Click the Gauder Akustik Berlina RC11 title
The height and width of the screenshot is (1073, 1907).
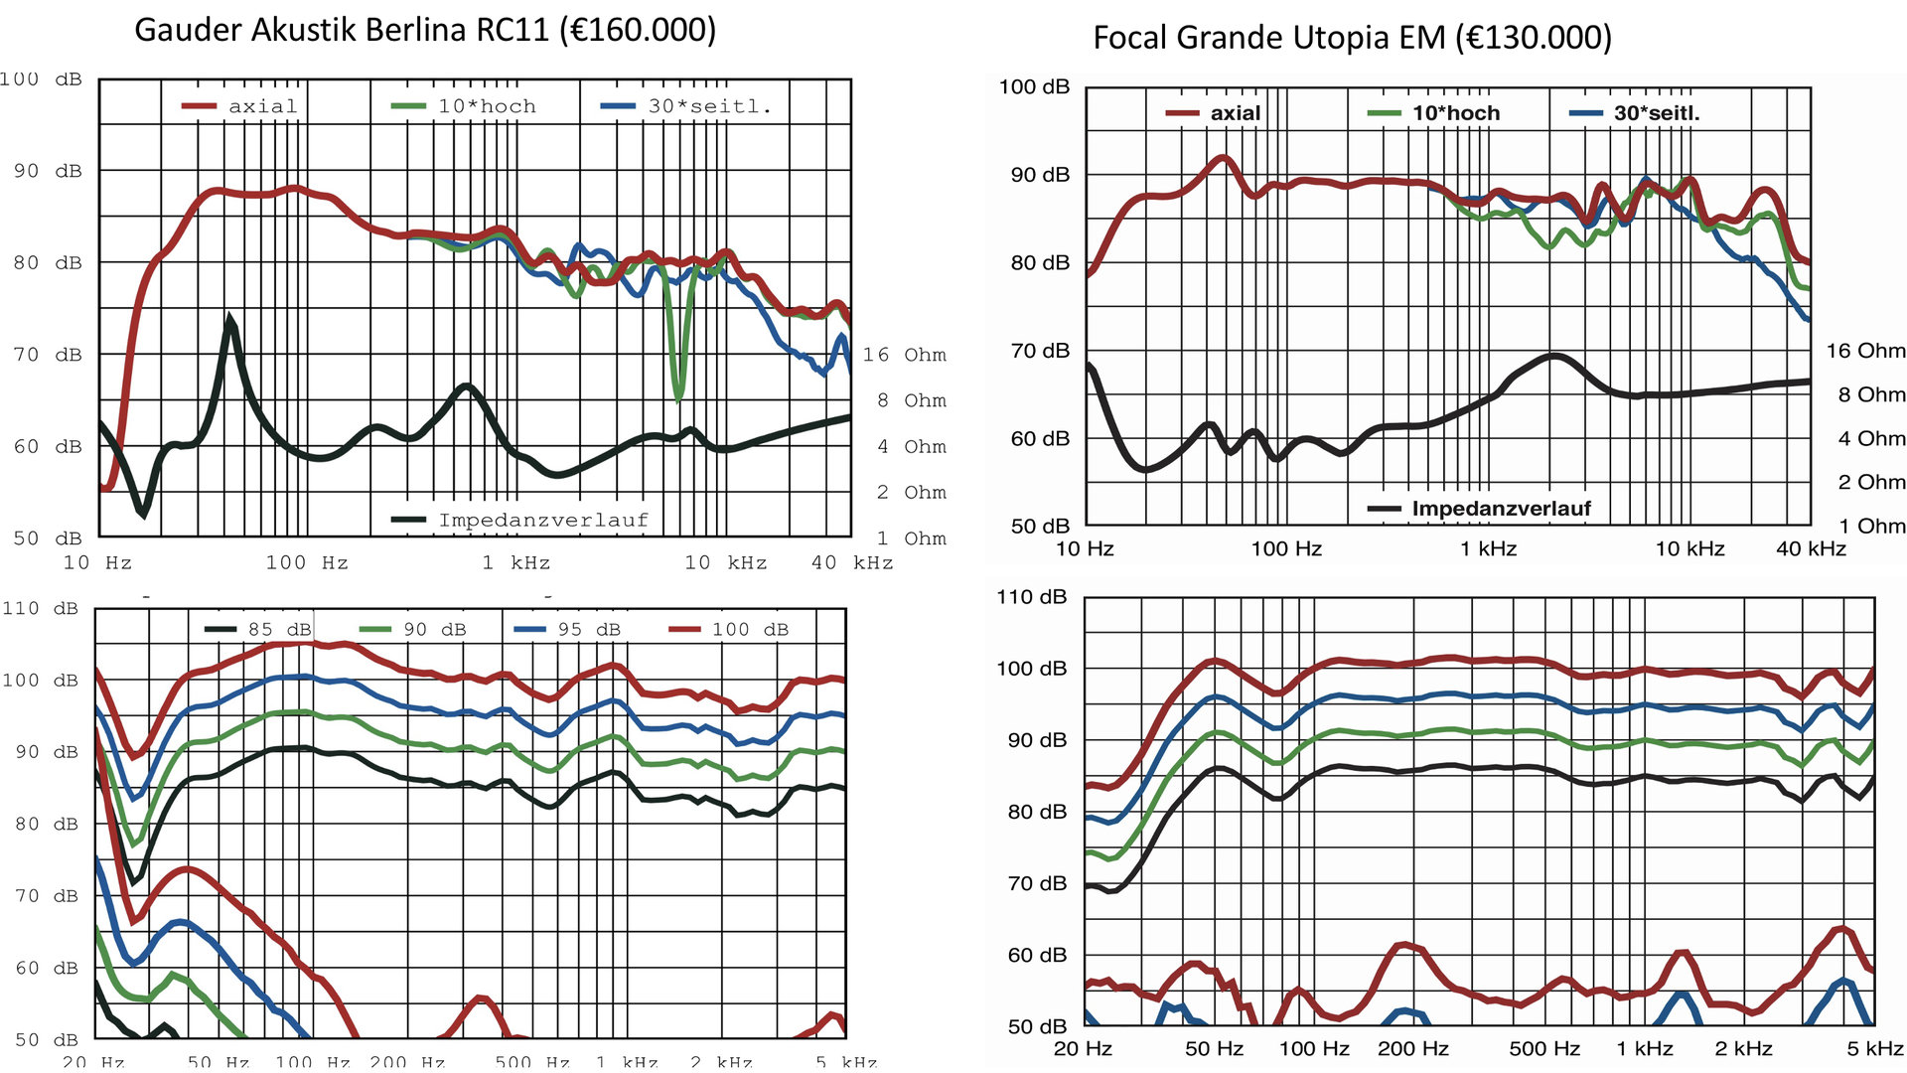(425, 30)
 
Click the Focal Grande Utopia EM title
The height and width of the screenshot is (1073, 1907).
(1352, 38)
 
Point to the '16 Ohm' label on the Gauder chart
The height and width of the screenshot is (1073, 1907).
(904, 355)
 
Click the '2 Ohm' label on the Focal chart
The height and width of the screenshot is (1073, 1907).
(1871, 482)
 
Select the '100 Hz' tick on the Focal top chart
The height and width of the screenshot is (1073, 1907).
(1286, 548)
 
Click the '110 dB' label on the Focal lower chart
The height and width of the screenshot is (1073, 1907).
(1031, 597)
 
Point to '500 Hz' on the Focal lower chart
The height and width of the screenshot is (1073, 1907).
(1544, 1048)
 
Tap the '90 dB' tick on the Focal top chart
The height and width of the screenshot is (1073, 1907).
(1040, 175)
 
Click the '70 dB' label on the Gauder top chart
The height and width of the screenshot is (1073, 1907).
(48, 355)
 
